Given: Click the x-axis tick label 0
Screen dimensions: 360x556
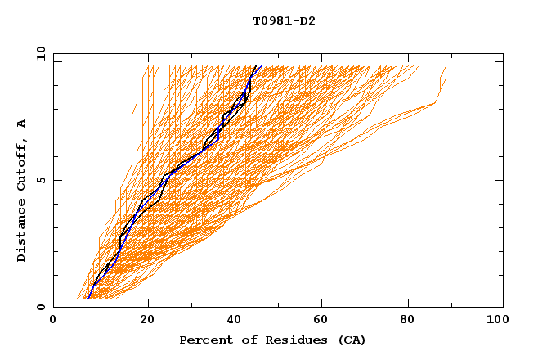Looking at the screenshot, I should [53, 322].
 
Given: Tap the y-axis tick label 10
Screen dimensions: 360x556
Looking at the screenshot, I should [38, 53].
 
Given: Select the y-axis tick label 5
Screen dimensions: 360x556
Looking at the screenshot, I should [42, 180].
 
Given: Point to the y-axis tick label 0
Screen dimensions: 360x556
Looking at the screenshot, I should [42, 307].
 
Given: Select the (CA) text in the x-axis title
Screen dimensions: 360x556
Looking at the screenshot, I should [350, 340].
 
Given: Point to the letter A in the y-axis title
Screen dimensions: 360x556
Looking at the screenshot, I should [22, 124].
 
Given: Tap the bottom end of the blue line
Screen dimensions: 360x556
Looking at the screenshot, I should [87, 299].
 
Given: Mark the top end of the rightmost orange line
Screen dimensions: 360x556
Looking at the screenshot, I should [446, 66].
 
